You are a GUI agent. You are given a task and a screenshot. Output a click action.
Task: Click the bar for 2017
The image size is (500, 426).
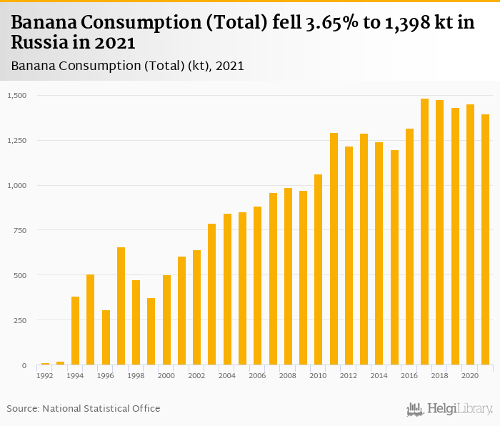coord(424,232)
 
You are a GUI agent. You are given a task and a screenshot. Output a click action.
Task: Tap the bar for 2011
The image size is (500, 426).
coord(334,249)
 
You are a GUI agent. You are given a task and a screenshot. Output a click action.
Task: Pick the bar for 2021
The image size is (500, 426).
coord(485,240)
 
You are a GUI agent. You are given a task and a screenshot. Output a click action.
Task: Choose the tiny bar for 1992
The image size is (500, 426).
coord(45,364)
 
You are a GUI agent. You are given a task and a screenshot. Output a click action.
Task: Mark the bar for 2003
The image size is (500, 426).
coord(211,294)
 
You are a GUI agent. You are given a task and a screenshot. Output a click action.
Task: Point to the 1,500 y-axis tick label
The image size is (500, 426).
coord(17,95)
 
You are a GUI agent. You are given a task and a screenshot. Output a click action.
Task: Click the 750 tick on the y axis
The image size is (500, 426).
coord(21,230)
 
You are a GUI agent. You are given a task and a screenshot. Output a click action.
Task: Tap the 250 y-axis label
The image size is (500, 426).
coord(21,320)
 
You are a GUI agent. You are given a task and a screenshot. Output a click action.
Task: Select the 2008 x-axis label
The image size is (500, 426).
coord(288,375)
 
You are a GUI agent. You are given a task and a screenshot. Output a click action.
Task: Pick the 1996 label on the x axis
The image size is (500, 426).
coord(106,375)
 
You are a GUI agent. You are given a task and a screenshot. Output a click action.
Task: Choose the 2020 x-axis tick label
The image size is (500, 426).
coord(470,375)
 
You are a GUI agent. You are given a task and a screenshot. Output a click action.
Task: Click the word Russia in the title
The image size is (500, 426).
coord(36,43)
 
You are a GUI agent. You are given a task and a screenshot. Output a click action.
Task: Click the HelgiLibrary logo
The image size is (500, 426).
coord(449,409)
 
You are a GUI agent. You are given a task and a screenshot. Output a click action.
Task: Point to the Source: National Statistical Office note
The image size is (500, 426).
coord(84,408)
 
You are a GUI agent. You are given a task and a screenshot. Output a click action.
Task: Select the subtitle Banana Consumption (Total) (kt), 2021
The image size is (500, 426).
coord(128,66)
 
